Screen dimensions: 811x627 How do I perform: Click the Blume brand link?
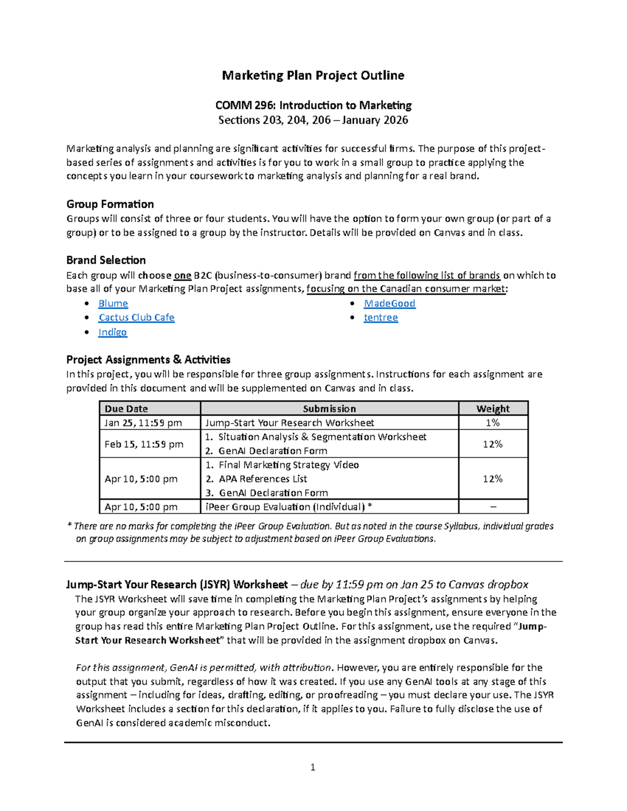(x=113, y=303)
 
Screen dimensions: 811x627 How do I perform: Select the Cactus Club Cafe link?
(x=136, y=318)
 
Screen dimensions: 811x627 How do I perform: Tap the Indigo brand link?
(x=112, y=332)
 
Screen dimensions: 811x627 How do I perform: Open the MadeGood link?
(x=389, y=303)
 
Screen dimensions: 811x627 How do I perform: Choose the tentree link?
(x=380, y=318)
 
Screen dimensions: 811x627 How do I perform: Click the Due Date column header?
(x=126, y=409)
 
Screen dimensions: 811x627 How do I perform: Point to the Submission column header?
(x=329, y=409)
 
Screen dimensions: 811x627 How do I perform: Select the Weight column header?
(x=493, y=409)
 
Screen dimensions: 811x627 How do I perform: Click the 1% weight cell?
(x=493, y=423)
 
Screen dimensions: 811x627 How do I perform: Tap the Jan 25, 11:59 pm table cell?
(x=143, y=423)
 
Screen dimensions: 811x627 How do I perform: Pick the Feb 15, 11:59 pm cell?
(x=144, y=444)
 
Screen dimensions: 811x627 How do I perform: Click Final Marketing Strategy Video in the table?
(x=288, y=465)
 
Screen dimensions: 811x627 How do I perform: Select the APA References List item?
(x=263, y=479)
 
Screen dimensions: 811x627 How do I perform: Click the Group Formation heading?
(x=110, y=204)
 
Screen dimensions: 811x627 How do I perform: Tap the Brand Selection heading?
(x=106, y=260)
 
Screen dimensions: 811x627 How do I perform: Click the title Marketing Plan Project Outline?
(x=313, y=76)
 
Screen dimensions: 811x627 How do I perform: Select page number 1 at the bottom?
(x=312, y=767)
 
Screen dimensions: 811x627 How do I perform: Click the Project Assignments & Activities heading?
(x=148, y=360)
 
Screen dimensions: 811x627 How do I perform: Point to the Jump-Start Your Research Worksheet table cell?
(x=290, y=423)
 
